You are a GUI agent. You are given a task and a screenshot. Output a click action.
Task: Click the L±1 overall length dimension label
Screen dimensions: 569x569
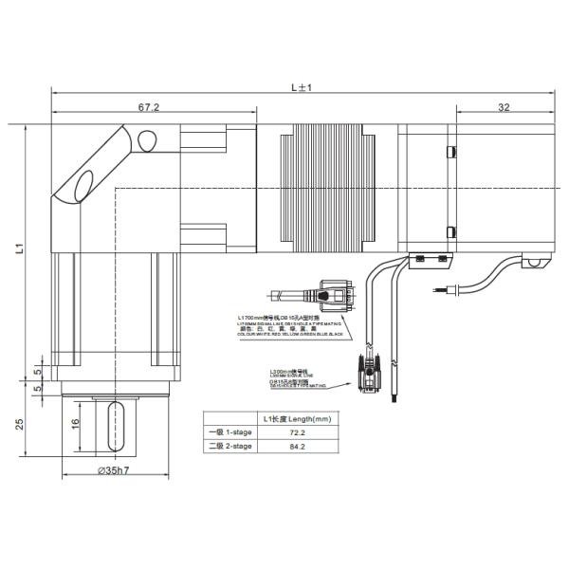(303, 87)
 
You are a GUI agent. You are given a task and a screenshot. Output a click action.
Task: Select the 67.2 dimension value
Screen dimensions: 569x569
(149, 108)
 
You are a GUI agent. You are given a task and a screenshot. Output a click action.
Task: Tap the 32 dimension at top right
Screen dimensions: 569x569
(503, 108)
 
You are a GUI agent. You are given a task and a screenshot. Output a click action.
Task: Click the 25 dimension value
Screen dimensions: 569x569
(20, 424)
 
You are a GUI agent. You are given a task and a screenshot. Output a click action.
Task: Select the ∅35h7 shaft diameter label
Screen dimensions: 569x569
(115, 471)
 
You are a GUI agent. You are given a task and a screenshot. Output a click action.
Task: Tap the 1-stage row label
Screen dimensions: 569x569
(229, 431)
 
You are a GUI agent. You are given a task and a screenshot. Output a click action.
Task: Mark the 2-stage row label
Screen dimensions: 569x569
(229, 446)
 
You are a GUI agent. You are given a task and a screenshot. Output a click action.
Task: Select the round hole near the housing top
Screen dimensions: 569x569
(147, 142)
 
